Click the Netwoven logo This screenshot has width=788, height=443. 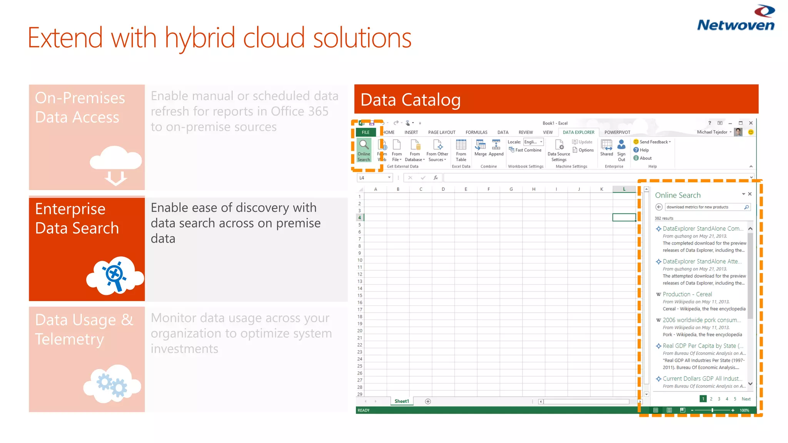(x=736, y=18)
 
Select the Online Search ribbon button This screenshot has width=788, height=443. (x=364, y=150)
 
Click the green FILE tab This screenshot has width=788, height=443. (x=366, y=132)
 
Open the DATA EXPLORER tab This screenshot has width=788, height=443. (x=578, y=132)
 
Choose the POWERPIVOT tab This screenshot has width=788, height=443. (x=617, y=132)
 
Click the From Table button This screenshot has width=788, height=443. (x=461, y=150)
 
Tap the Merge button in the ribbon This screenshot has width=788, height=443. (x=481, y=148)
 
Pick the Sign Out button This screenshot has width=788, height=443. (x=621, y=150)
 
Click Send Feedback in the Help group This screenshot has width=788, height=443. (x=653, y=142)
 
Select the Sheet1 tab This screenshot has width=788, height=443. (x=402, y=401)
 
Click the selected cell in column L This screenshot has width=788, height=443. (x=624, y=217)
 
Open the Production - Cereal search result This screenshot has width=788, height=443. (x=687, y=294)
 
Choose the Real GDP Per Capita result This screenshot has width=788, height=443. (x=699, y=346)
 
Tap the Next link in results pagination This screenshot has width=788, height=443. (x=746, y=399)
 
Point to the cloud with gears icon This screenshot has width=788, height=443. (x=112, y=384)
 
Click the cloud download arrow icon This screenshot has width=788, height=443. (x=116, y=165)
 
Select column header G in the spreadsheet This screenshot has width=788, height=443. (x=511, y=189)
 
